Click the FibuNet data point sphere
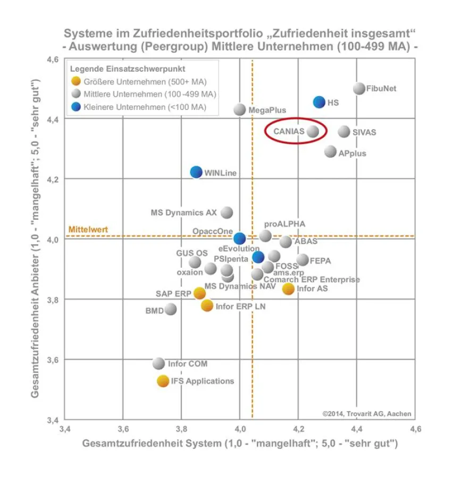[359, 89]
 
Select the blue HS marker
[319, 102]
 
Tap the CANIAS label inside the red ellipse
[289, 131]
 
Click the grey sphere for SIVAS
[344, 132]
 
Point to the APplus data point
[330, 152]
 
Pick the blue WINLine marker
[196, 172]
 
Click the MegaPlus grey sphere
[240, 110]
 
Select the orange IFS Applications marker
[163, 381]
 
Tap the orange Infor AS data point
[288, 288]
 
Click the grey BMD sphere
[170, 309]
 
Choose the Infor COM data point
[158, 364]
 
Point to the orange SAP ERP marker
[199, 293]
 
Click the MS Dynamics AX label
[183, 212]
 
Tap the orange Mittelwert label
[88, 229]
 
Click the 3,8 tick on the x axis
[181, 429]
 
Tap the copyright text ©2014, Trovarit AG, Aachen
[366, 414]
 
